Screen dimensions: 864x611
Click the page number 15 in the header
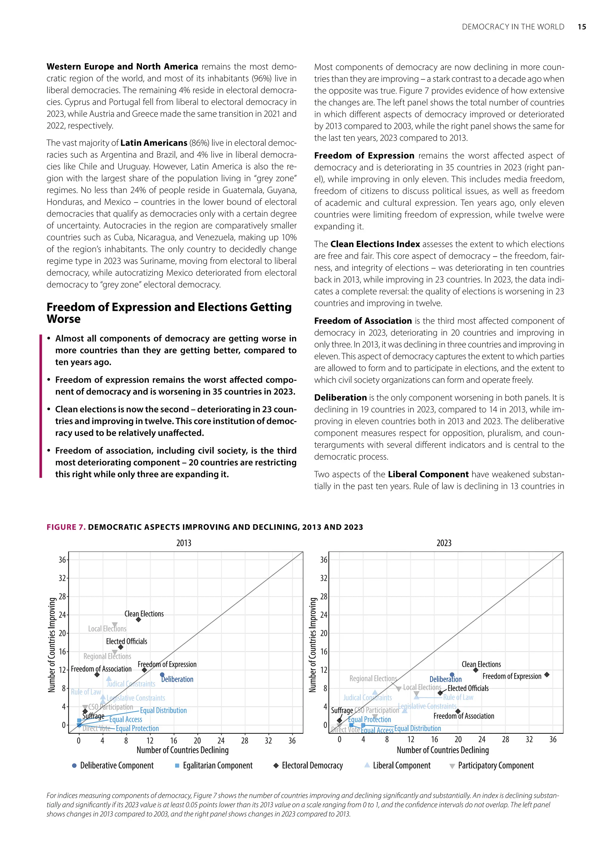[x=582, y=27]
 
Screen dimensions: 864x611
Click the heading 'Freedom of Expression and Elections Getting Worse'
[x=169, y=313]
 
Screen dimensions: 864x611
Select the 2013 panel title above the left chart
[x=183, y=543]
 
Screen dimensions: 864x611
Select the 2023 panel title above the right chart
[x=444, y=543]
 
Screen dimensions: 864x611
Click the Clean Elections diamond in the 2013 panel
[x=138, y=619]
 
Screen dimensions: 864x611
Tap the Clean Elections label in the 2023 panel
[x=481, y=664]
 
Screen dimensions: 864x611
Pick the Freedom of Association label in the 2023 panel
[x=464, y=716]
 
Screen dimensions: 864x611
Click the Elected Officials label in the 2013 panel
[x=126, y=641]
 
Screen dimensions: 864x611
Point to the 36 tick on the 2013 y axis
[x=62, y=560]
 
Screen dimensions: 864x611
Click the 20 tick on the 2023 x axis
[x=458, y=740]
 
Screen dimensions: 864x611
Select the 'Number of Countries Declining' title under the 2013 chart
[x=183, y=750]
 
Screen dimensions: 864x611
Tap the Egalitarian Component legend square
[x=177, y=766]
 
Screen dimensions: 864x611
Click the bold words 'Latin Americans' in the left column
[x=154, y=143]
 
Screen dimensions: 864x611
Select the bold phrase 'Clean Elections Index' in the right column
[x=375, y=244]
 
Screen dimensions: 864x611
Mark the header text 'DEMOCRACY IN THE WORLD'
[x=513, y=27]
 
